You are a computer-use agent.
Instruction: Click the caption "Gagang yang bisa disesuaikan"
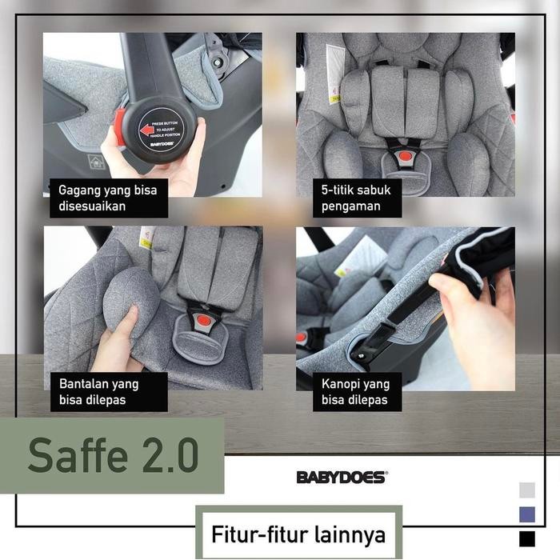(109, 198)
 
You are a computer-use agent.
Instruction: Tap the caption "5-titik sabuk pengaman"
(357, 198)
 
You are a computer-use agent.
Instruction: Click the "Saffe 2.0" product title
(112, 454)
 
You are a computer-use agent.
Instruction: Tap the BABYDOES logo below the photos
(342, 477)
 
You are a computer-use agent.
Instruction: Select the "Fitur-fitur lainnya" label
(298, 533)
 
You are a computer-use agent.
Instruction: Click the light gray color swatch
(526, 490)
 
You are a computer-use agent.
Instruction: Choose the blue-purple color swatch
(526, 514)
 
